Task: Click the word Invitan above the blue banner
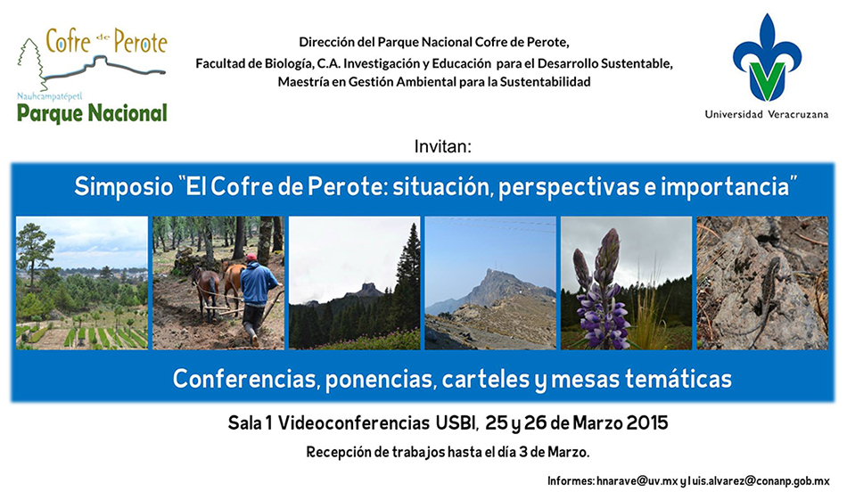(x=443, y=146)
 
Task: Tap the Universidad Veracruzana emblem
(x=767, y=58)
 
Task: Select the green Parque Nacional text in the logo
(x=92, y=114)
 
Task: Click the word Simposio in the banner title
(x=124, y=187)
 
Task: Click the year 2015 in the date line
(x=647, y=422)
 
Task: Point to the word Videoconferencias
(x=354, y=422)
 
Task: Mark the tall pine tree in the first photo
(x=34, y=249)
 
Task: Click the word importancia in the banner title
(x=728, y=187)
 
